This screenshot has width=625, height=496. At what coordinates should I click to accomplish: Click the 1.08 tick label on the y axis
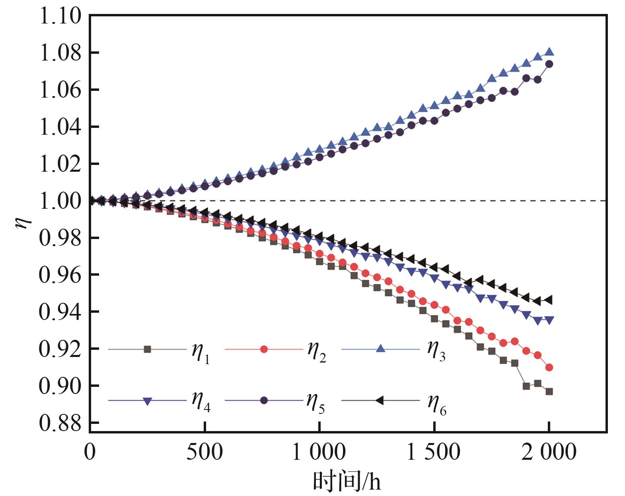[60, 53]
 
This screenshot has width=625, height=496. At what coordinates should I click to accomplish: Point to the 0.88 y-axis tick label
[60, 423]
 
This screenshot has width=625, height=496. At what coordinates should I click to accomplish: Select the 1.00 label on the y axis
[60, 201]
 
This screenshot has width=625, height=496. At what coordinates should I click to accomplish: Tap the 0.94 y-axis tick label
[60, 312]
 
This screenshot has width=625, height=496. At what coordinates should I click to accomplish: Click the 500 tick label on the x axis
[204, 452]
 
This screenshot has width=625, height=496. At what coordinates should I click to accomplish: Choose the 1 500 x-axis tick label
[433, 452]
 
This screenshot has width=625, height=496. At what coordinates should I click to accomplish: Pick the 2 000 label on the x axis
[548, 452]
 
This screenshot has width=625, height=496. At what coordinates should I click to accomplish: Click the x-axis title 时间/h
[347, 481]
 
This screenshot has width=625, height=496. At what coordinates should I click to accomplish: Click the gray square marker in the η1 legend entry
[148, 349]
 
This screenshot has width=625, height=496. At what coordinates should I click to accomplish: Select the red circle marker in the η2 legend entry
[264, 349]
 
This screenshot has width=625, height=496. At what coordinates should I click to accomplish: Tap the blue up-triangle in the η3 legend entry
[380, 349]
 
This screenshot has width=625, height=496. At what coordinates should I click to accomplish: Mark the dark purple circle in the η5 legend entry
[264, 400]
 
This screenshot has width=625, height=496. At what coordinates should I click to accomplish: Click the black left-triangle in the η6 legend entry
[380, 400]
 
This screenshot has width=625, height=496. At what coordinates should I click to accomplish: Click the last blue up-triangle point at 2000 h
[549, 52]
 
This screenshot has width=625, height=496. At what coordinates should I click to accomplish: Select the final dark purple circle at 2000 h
[549, 64]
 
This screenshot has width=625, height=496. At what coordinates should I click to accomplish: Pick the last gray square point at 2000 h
[549, 392]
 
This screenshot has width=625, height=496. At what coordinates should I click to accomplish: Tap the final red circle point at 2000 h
[549, 367]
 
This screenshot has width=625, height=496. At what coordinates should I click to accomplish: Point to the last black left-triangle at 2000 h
[548, 300]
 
